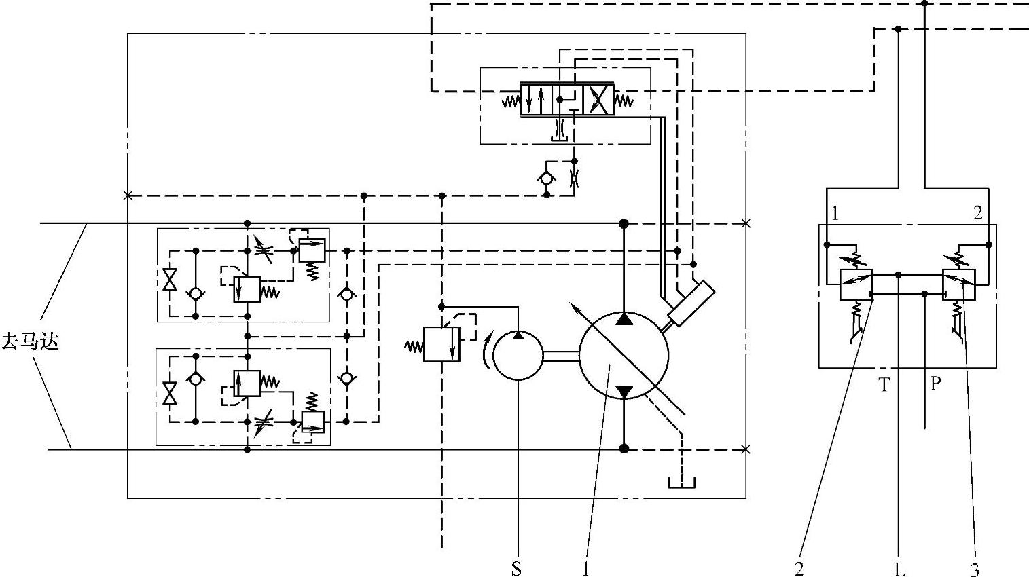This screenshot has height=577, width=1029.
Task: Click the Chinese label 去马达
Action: [x=31, y=341]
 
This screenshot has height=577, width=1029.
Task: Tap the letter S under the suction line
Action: [x=517, y=569]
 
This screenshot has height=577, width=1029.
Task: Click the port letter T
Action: [x=884, y=385]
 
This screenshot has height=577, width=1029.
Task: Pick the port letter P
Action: [x=935, y=384]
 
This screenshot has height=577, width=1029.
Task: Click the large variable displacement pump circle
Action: [x=624, y=355]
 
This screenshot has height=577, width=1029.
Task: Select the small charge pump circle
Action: [x=518, y=355]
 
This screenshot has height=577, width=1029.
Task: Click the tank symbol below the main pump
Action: [x=681, y=483]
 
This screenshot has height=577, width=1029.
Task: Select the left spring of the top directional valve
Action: [x=511, y=102]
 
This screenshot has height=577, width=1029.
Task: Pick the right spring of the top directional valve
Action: [x=624, y=102]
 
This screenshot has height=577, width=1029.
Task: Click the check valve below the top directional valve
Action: [x=546, y=178]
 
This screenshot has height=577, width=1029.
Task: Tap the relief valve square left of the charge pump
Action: [x=441, y=343]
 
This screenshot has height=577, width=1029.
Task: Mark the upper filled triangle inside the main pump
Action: [x=624, y=319]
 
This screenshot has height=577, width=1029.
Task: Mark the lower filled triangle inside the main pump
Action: [x=624, y=391]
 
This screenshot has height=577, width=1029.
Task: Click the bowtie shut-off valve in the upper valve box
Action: [x=169, y=280]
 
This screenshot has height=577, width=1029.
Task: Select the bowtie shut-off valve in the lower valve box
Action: [x=169, y=392]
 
